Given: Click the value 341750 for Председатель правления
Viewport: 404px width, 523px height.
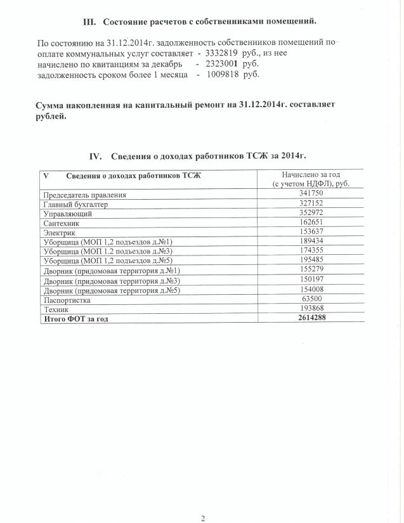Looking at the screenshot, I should (x=311, y=193).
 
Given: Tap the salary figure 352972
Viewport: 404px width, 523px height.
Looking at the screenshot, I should (x=311, y=214).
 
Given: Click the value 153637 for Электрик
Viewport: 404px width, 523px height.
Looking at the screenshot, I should (x=311, y=232).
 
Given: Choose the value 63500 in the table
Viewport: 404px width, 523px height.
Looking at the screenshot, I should (x=311, y=299).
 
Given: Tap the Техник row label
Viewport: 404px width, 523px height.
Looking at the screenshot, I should (x=56, y=309).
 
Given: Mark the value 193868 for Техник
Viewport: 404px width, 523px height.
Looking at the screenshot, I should (x=311, y=307).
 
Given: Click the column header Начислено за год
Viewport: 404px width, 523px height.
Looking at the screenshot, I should (x=311, y=174).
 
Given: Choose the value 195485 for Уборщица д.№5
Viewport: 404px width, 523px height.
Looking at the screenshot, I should (x=311, y=261).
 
